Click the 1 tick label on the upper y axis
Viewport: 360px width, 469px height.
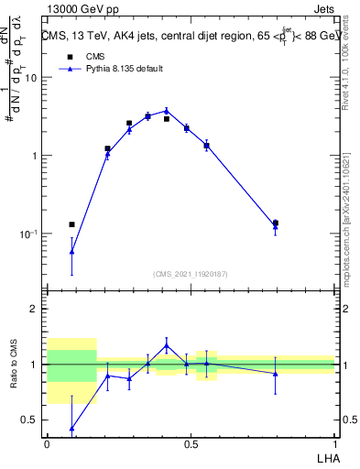[x=35, y=156]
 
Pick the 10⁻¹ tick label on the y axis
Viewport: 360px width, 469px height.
[x=29, y=234]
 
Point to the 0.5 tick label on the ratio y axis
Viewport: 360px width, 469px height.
[x=30, y=420]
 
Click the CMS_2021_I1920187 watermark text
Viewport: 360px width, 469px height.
[x=191, y=273]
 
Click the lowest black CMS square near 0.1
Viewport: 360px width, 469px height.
[x=71, y=224]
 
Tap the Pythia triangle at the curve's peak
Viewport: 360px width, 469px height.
[x=167, y=111]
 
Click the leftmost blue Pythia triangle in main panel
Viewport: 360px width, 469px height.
[x=71, y=251]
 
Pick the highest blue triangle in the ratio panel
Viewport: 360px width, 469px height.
[x=167, y=345]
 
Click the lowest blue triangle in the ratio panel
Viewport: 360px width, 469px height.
[x=71, y=429]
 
